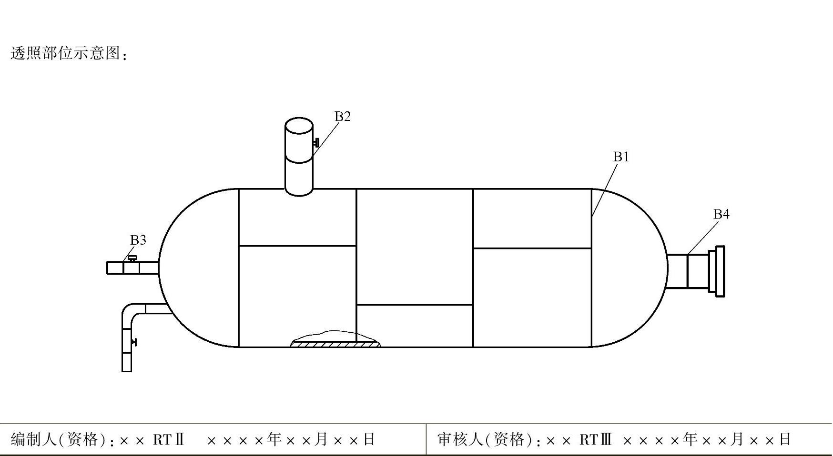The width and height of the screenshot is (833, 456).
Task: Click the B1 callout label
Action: tap(621, 157)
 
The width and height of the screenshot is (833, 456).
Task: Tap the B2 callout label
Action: tap(342, 117)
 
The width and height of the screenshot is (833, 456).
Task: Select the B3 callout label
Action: tap(138, 240)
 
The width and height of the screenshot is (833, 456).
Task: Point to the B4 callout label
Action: tap(721, 215)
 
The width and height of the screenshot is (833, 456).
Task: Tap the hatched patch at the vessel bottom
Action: tap(335, 343)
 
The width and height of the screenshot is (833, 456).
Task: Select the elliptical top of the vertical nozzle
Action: tap(299, 126)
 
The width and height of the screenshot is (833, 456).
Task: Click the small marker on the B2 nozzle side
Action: tap(316, 142)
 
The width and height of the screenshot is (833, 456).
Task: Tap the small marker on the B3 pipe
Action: tap(132, 258)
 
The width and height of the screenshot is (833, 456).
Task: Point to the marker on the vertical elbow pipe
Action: tap(134, 342)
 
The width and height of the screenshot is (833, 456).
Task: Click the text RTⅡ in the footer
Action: tap(168, 439)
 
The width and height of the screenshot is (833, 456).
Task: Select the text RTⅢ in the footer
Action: tap(595, 439)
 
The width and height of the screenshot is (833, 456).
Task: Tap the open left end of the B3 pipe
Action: tap(108, 268)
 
